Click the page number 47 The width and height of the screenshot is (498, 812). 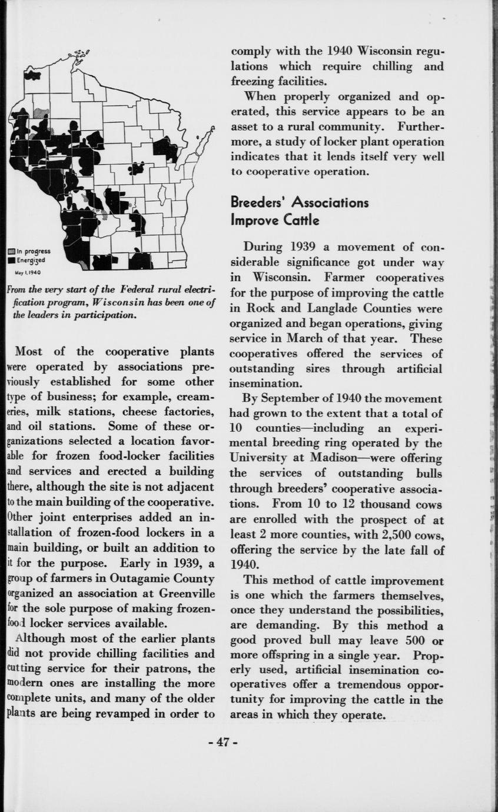223,742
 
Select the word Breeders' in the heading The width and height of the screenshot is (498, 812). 257,202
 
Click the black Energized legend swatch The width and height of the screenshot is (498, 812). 11,259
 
